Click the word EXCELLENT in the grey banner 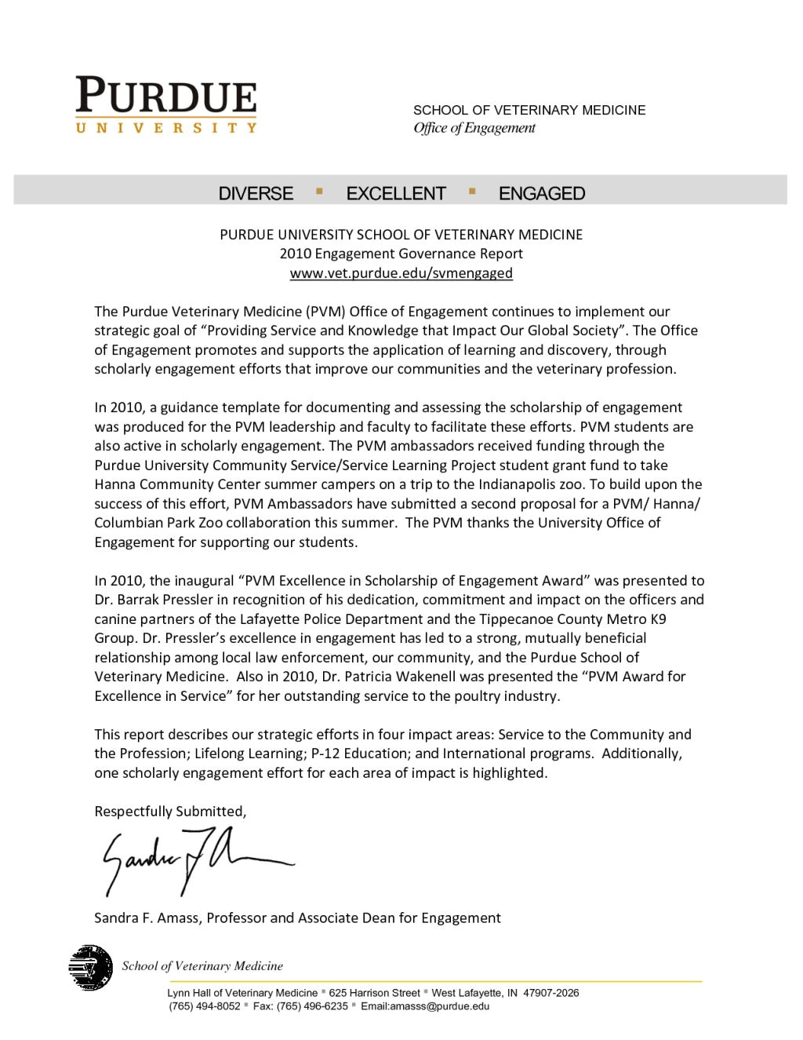coord(396,194)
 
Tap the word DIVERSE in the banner coord(256,194)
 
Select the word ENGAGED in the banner coord(542,194)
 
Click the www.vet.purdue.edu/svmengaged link coord(401,273)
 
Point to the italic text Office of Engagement coord(474,128)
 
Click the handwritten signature coord(196,861)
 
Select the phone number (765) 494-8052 coord(204,1006)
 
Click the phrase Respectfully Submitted coord(170,812)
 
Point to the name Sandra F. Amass coord(147,918)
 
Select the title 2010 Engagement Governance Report coord(401,254)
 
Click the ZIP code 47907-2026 coord(550,993)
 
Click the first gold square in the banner coord(319,190)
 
